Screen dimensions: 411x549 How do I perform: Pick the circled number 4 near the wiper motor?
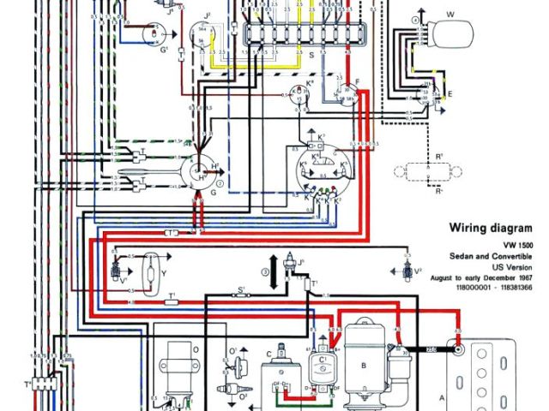[x=417, y=19]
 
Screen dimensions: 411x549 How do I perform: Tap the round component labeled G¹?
[x=154, y=33]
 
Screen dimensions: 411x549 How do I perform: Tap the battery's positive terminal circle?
[x=460, y=349]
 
